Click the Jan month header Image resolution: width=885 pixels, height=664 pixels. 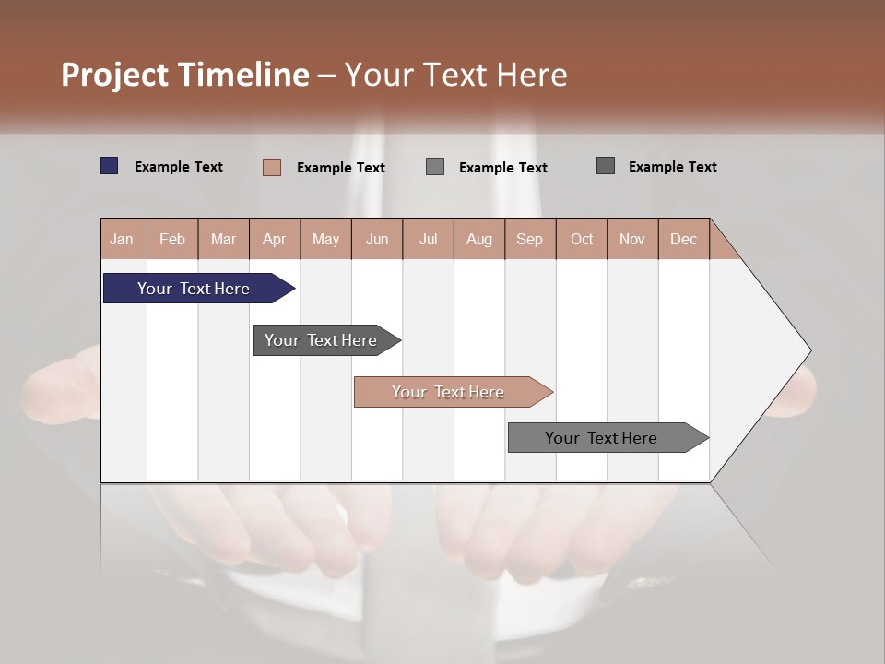122,240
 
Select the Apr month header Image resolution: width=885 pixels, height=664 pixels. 275,240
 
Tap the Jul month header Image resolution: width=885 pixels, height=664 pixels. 429,240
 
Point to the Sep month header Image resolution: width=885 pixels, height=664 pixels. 529,240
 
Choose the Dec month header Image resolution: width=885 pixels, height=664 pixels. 683,240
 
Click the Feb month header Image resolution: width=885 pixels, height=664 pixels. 172,240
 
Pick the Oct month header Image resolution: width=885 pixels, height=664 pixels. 582,240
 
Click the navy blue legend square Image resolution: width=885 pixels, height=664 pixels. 110,166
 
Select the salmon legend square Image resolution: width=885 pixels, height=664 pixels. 272,167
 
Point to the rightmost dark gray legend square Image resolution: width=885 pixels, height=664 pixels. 606,166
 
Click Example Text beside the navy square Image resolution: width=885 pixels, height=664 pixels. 179,167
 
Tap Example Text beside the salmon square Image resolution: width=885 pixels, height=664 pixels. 341,168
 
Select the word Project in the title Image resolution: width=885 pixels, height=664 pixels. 114,76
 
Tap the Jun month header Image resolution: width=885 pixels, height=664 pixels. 377,240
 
